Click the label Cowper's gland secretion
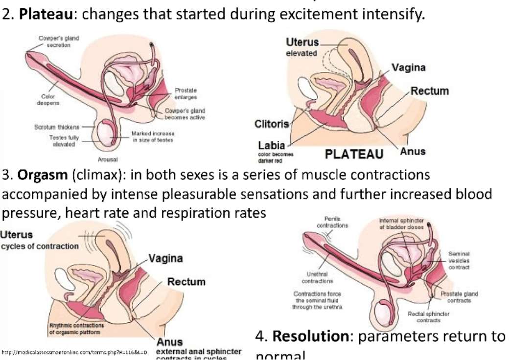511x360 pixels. pyautogui.click(x=59, y=41)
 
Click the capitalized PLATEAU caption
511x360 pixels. pyautogui.click(x=354, y=155)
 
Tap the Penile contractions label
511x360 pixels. pyautogui.click(x=332, y=222)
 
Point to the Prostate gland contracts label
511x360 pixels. pyautogui.click(x=459, y=297)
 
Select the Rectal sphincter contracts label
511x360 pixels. pyautogui.click(x=428, y=316)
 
